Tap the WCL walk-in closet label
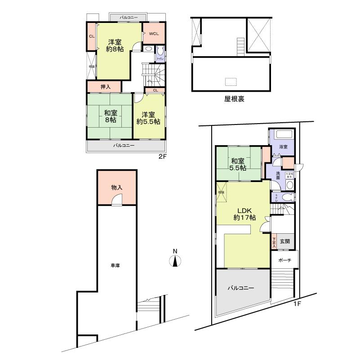[x=153, y=33]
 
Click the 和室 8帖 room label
[x=109, y=116]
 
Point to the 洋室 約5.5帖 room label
[x=149, y=118]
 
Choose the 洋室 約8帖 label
[x=115, y=46]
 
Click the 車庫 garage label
[x=115, y=266]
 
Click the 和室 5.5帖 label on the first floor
[x=238, y=164]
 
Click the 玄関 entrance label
[x=284, y=241]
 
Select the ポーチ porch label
[x=284, y=260]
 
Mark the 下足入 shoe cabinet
[x=273, y=242]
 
